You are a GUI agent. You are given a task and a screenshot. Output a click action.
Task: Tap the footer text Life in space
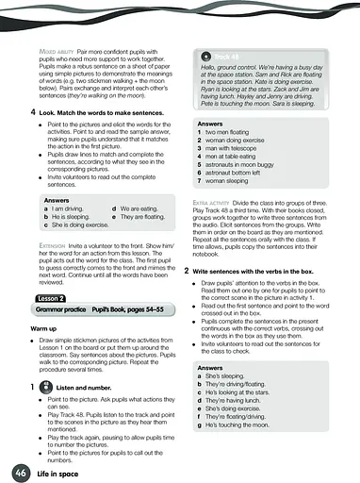point(60,471)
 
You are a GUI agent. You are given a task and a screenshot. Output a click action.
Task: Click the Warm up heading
point(43,329)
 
